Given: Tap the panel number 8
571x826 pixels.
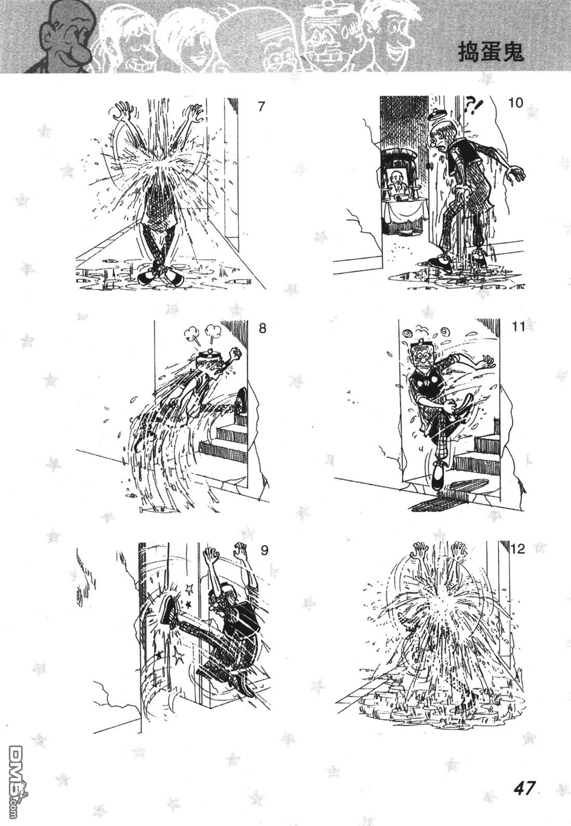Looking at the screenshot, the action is [262, 328].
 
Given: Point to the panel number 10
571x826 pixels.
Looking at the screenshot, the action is [516, 103].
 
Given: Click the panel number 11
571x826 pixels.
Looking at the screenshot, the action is [518, 327].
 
